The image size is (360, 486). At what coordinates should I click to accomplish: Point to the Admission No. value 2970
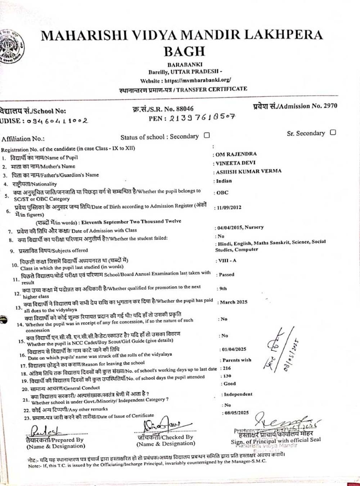tap(330, 105)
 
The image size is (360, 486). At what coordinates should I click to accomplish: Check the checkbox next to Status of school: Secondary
tap(207, 135)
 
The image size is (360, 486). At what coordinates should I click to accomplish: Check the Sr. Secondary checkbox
tap(333, 132)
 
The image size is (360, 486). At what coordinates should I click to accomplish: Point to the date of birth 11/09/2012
tap(229, 207)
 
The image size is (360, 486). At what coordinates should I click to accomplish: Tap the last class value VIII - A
tap(227, 260)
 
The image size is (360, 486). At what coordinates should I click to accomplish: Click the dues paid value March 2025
tap(234, 302)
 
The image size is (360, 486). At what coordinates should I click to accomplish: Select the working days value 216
tap(227, 368)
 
